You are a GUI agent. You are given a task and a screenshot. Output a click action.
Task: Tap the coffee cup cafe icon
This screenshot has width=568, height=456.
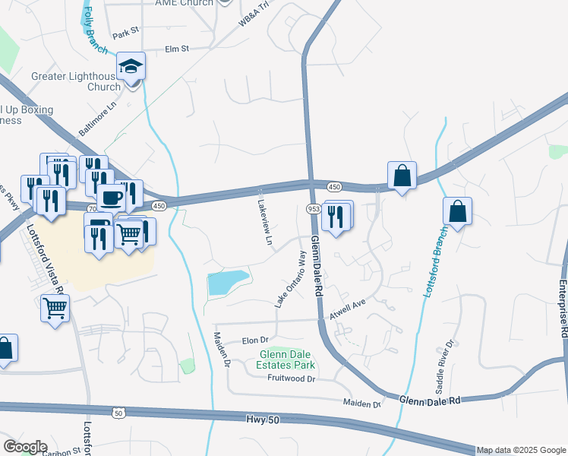[112, 198]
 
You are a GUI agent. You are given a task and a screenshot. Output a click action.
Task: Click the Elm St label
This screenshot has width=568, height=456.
[176, 49]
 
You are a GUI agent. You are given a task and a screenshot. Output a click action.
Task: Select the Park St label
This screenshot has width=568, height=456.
[126, 33]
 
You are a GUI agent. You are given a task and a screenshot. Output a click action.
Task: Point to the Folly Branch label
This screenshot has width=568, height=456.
[95, 30]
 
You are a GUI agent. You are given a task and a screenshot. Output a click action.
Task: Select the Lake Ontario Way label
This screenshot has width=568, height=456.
[291, 279]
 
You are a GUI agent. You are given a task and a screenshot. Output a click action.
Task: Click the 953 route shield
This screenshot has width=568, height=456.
[314, 208]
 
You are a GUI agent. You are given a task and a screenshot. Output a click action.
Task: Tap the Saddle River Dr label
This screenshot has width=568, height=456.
[445, 366]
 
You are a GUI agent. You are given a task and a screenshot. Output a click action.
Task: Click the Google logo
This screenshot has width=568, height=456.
[25, 447]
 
